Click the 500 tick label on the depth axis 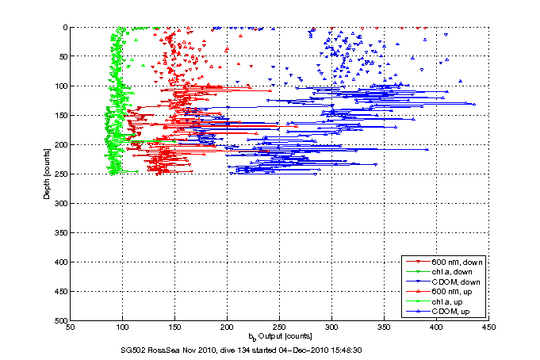click(x=59, y=321)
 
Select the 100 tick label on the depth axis click(x=59, y=86)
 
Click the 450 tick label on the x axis click(x=488, y=328)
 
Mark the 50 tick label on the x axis click(x=71, y=328)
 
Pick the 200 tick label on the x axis click(x=227, y=328)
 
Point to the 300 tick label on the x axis click(x=331, y=328)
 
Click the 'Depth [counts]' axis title click(x=48, y=174)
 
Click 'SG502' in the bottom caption click(x=128, y=350)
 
